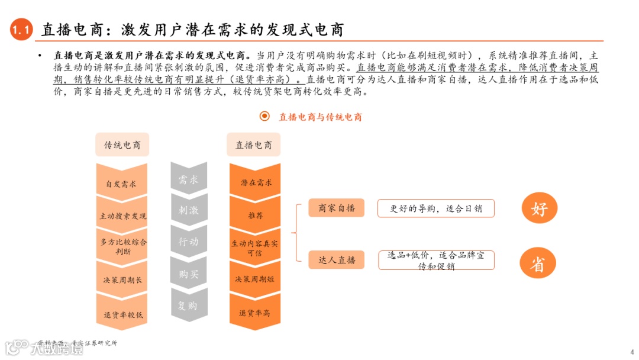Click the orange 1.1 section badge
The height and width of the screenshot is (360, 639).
pos(22,31)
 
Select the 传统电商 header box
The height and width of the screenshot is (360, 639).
pos(122,145)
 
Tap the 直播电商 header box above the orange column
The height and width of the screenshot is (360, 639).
pos(254,145)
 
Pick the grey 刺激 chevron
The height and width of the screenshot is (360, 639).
pos(188,210)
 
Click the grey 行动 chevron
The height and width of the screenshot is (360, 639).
pos(188,242)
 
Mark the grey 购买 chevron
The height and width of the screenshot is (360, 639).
pos(188,274)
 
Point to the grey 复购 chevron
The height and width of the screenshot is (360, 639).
pos(188,306)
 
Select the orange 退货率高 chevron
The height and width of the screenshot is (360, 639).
pos(255,313)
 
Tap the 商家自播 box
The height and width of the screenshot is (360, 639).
pos(337,208)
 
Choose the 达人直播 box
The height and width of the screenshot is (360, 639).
pos(337,260)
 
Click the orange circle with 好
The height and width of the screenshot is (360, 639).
pos(539,208)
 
